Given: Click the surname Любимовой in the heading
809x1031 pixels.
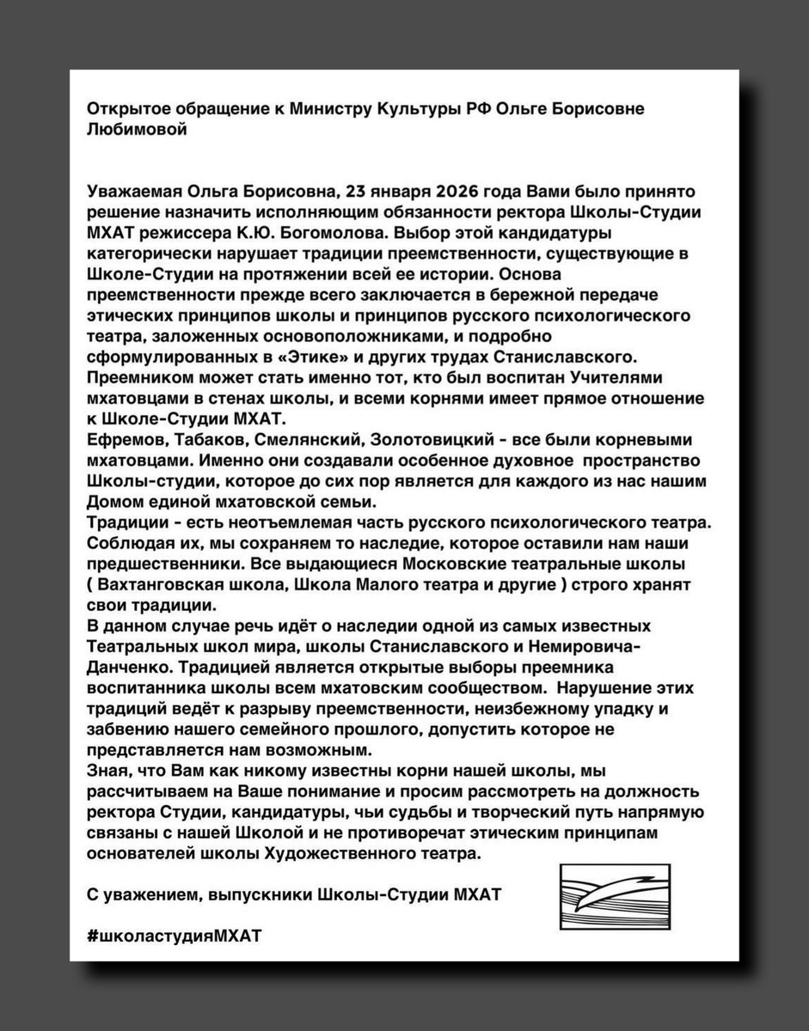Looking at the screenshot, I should (x=137, y=130).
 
